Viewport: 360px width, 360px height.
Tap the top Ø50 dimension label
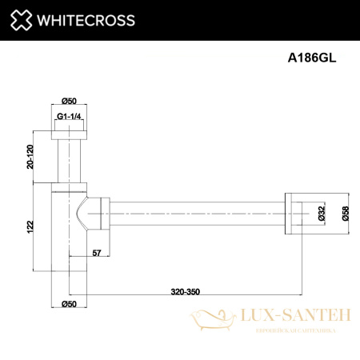(x=69, y=100)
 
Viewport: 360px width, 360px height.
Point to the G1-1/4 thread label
(x=70, y=118)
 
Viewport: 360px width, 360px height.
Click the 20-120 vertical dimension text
(x=30, y=156)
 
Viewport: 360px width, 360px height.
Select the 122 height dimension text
(x=30, y=227)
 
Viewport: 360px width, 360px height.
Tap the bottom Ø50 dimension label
(x=69, y=305)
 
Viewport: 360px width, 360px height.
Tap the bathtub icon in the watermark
(x=210, y=322)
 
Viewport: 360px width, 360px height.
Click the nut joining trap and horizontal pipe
(x=100, y=213)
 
